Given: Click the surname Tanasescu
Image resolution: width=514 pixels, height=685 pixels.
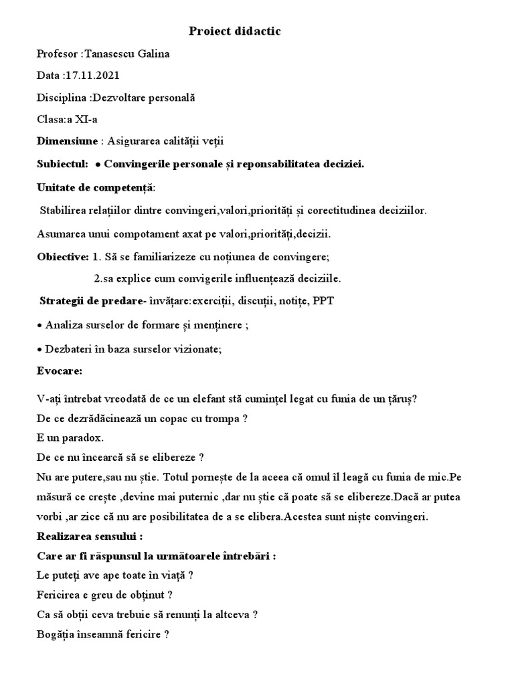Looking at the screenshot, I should point(110,54).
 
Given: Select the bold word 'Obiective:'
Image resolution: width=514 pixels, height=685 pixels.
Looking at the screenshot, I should point(64,256).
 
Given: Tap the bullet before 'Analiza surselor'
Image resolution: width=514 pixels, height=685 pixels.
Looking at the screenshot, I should point(39,325).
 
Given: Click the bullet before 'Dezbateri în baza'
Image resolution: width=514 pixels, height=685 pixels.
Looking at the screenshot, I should point(39,349).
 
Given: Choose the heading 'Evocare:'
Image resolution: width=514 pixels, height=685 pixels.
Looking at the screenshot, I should point(60,370).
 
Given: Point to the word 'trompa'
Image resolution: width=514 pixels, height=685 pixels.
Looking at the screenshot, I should point(218,419).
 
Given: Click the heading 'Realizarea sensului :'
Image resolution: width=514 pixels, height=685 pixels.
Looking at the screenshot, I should point(90,536).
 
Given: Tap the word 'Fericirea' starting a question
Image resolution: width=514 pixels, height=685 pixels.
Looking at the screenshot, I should point(58,595).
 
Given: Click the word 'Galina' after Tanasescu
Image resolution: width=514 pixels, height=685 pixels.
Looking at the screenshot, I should point(154,54).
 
